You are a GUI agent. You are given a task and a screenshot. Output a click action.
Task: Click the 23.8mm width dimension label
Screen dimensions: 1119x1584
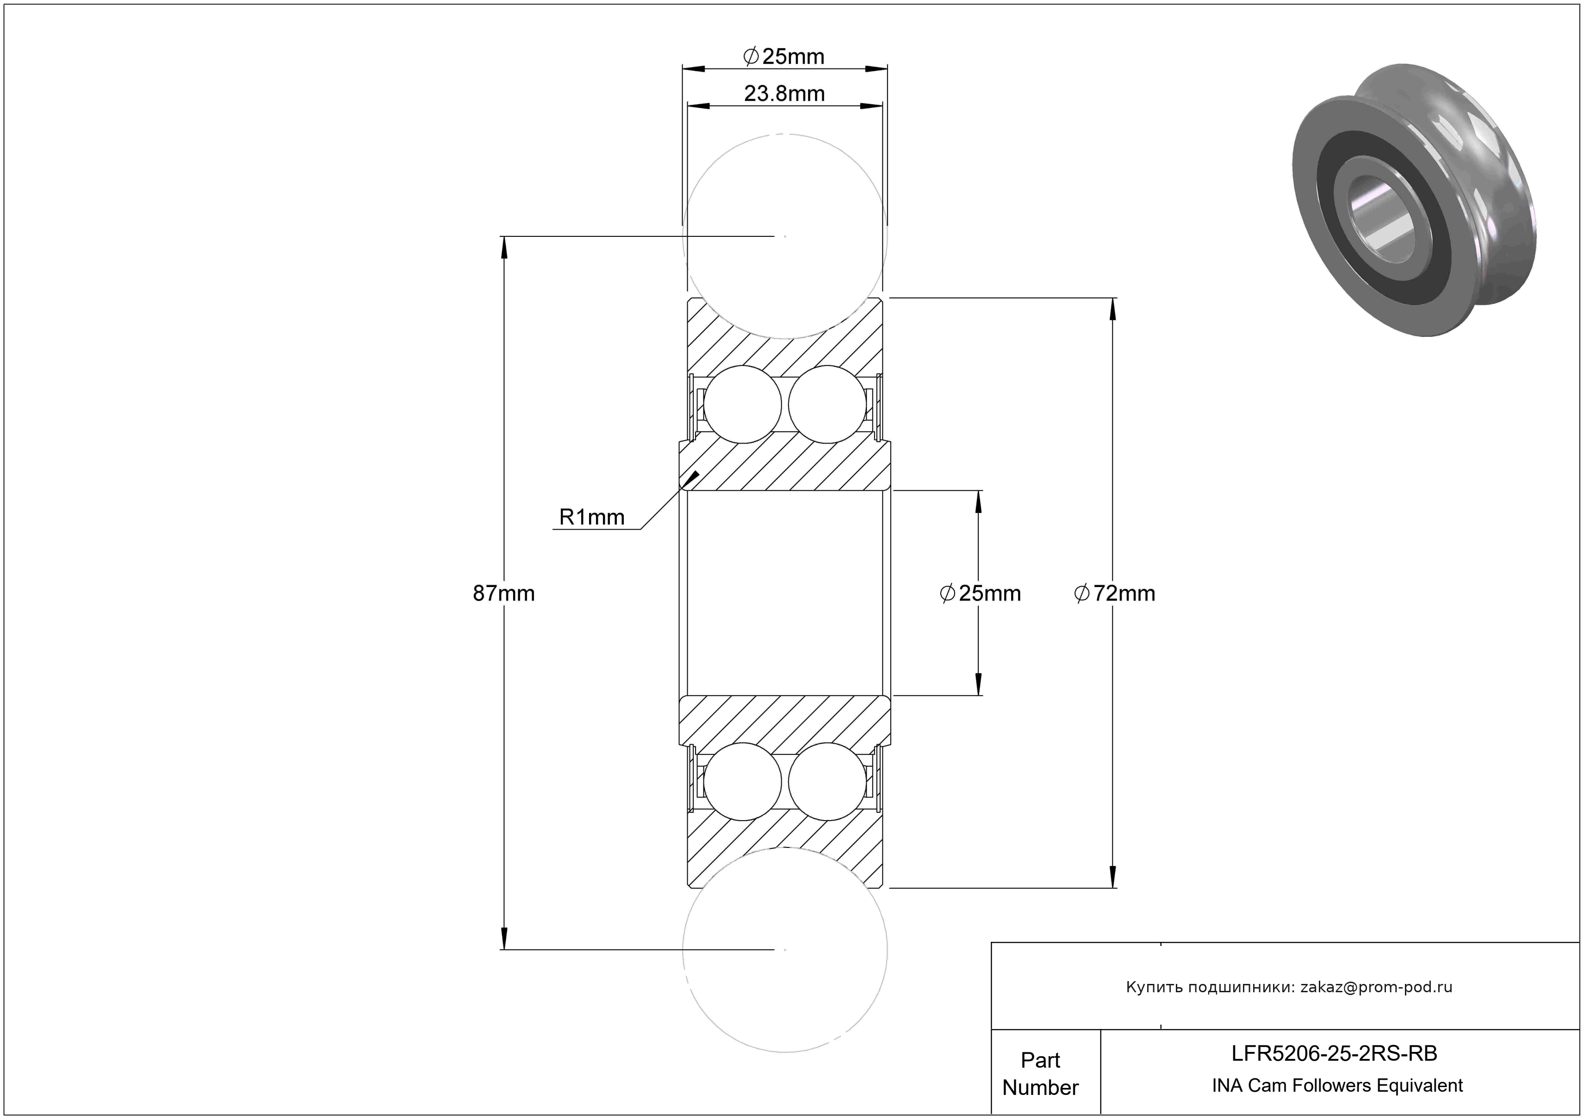click(784, 94)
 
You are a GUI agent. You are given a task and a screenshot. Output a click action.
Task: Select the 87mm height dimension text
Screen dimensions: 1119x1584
click(503, 594)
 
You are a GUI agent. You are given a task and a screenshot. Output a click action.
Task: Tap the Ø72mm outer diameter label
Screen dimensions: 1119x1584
click(1114, 594)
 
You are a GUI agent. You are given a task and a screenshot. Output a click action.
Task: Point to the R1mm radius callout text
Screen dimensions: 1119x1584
click(591, 517)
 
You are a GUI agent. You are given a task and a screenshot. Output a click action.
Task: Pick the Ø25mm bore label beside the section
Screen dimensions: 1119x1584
click(981, 594)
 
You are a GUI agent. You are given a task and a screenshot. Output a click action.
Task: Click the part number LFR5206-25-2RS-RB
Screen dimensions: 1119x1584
click(1334, 1053)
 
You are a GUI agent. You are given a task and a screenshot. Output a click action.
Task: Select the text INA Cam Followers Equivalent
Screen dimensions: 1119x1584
click(1337, 1085)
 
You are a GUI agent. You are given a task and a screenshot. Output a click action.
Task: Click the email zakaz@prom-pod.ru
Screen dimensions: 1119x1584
click(1376, 987)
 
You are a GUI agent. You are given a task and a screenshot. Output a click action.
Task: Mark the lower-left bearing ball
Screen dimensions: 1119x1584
click(742, 781)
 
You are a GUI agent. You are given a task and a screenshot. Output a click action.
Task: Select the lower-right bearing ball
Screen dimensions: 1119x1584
click(827, 781)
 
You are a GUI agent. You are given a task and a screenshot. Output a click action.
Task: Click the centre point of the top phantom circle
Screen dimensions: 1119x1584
click(785, 236)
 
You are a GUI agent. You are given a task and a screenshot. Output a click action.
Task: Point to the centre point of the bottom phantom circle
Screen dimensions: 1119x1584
click(785, 949)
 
